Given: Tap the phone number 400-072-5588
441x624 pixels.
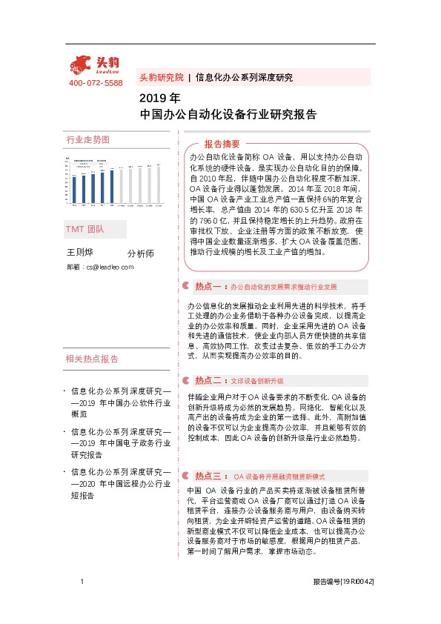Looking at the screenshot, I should click(96, 83).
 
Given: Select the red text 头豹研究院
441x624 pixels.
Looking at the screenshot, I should click(161, 77).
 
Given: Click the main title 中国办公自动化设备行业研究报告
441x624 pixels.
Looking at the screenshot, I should click(229, 115).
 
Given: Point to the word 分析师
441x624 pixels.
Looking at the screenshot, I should click(141, 253).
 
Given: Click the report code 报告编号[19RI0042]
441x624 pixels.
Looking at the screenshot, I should click(343, 583).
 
